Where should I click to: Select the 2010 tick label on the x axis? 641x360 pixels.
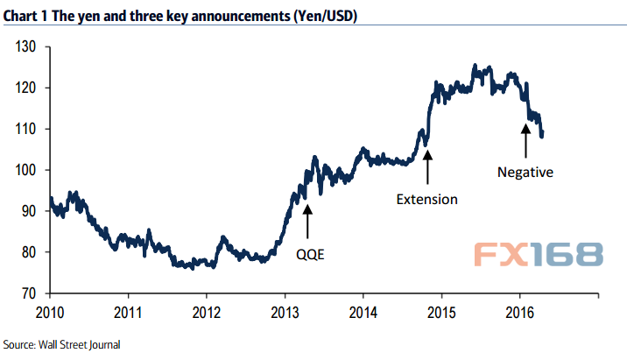coord(50,311)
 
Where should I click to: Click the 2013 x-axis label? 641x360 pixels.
coord(285,311)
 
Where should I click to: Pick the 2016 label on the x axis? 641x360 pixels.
coord(520,311)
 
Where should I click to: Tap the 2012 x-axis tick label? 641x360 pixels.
coord(207,311)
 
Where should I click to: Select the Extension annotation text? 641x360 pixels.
coord(426,199)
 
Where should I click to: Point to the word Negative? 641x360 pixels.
coord(525,173)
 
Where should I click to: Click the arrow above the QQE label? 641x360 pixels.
coord(307,220)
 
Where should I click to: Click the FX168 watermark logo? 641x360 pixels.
coord(539,254)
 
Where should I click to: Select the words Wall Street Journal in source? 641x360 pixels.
coord(81,344)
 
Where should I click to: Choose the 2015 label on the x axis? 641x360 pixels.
coord(442,311)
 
